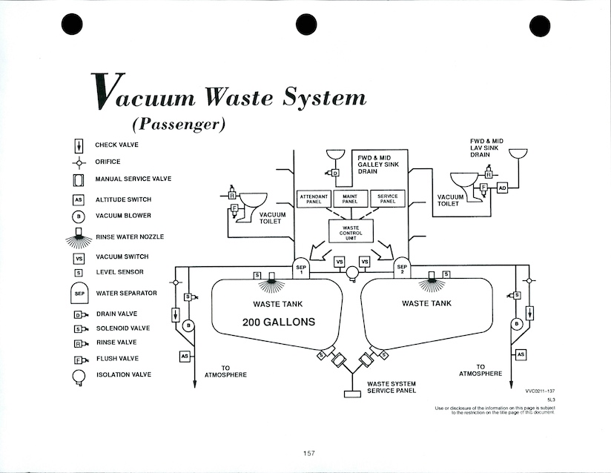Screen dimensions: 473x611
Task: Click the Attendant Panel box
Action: coord(312,199)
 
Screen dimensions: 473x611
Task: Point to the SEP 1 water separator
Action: coord(301,268)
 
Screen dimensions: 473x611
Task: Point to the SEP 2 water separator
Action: coord(402,268)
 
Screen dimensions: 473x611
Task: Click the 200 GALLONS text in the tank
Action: coord(278,322)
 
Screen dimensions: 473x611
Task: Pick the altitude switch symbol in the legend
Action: coord(79,199)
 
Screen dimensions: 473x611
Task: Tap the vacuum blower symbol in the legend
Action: coord(79,216)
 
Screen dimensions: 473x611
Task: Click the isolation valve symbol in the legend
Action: coord(79,376)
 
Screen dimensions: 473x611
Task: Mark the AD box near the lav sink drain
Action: coord(502,188)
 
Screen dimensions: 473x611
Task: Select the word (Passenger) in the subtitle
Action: coord(178,123)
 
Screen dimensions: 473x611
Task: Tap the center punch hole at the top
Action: coord(306,24)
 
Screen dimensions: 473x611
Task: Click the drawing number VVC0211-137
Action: coord(541,389)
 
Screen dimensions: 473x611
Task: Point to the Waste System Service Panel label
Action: coord(392,387)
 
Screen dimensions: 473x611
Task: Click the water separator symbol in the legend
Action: coord(79,294)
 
